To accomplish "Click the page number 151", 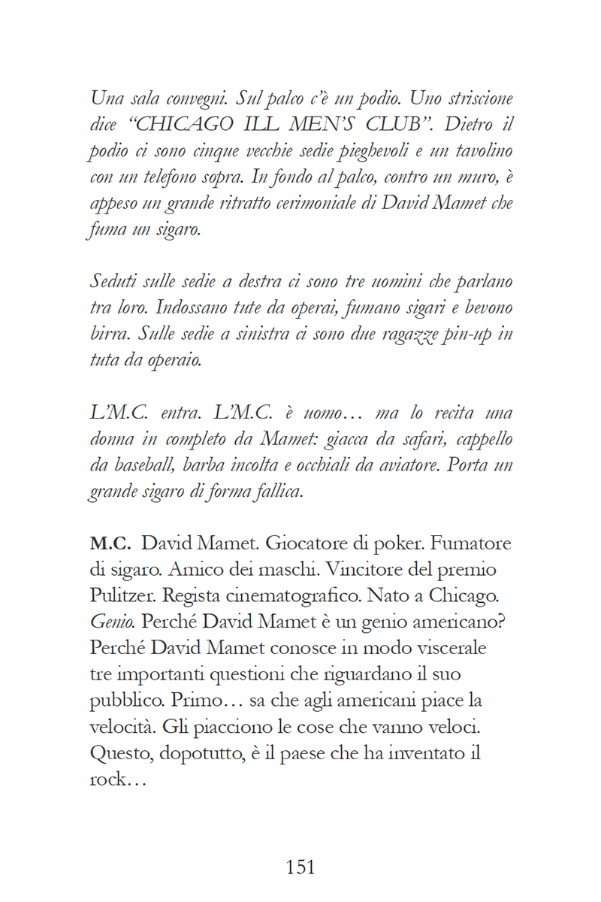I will pos(300,867).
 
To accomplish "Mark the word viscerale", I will pos(442,648).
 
